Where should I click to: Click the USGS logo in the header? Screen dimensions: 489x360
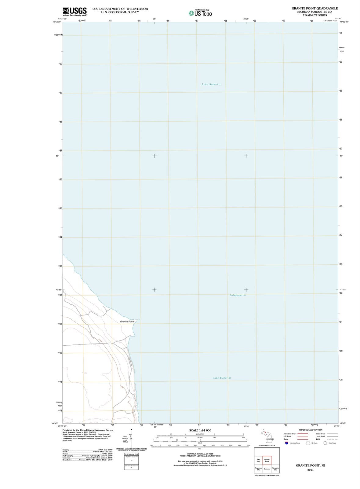click(x=75, y=11)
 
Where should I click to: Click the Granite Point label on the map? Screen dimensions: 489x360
click(x=127, y=322)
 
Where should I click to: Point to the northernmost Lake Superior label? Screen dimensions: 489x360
click(x=211, y=84)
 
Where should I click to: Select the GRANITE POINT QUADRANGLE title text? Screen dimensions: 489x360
click(x=315, y=8)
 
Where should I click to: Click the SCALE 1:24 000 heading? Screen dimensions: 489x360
click(x=200, y=430)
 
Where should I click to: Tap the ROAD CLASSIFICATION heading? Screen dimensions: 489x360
click(x=310, y=430)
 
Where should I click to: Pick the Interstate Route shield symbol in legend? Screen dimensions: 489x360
click(x=286, y=443)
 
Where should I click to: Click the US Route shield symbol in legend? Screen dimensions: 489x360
click(x=308, y=443)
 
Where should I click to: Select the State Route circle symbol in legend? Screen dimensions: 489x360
click(x=325, y=443)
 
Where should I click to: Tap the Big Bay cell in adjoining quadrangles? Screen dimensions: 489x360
click(x=258, y=461)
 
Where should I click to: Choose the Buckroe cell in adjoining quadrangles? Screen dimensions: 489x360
click(x=267, y=469)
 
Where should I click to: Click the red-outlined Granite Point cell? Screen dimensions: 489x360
click(x=267, y=460)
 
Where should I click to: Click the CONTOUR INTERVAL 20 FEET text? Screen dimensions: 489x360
click(x=200, y=454)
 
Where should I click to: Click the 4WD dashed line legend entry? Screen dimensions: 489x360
click(x=318, y=439)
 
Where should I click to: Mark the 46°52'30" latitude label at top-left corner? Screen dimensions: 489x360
click(x=57, y=22)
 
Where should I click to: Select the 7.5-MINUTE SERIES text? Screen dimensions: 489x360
click(x=315, y=15)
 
